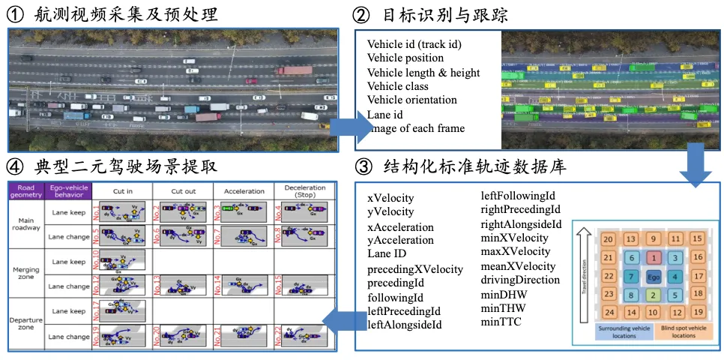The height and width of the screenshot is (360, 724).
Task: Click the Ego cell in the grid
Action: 654,277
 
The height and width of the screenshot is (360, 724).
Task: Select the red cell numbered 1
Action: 654,258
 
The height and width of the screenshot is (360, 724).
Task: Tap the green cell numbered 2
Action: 654,295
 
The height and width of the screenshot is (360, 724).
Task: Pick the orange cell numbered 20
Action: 609,239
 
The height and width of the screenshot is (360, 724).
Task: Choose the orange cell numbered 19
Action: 697,312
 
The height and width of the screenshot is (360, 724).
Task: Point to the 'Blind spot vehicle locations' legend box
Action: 684,331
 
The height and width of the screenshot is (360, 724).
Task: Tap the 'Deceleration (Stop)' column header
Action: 305,191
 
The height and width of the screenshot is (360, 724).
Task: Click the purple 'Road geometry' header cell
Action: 25,190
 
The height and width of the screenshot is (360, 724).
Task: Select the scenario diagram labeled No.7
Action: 244,237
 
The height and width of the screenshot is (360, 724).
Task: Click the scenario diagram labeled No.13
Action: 183,286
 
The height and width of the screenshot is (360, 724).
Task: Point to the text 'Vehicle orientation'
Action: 411,100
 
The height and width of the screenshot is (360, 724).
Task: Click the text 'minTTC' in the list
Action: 501,322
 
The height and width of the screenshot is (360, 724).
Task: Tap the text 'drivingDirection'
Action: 519,280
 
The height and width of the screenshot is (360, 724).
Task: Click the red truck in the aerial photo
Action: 294,70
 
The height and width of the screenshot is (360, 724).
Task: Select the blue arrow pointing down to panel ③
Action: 696,165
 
